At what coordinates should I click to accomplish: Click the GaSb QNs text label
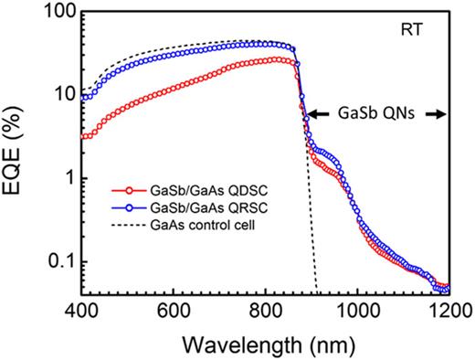click(375, 114)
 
